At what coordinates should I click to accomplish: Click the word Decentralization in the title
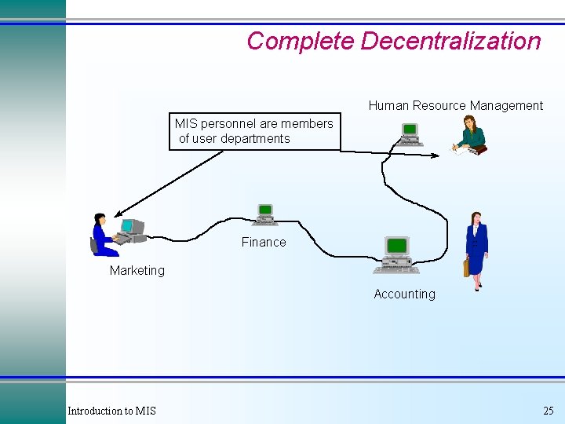point(450,41)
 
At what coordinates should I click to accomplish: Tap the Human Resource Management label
point(455,105)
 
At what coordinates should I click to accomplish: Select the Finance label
point(264,242)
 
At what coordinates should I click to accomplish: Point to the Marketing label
point(137,270)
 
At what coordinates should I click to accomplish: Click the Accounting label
point(404,294)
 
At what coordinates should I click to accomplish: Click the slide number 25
point(548,411)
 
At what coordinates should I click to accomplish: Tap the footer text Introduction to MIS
point(111,411)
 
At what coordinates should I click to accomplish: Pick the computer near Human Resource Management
point(409,134)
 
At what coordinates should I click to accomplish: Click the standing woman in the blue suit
point(476,248)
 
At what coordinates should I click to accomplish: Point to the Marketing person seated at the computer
point(103,235)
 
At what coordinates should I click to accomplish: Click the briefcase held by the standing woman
point(466,268)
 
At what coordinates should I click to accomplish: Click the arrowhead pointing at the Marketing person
point(118,214)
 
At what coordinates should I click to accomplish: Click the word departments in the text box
point(255,138)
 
